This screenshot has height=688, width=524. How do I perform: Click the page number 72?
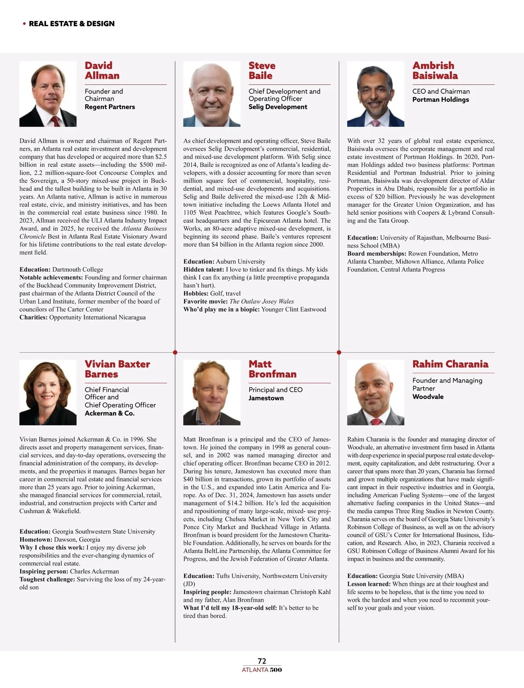pos(262,661)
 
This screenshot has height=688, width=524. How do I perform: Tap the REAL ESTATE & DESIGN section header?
pos(72,24)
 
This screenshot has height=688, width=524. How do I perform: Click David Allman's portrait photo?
pos(48,94)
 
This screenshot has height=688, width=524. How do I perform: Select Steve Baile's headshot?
pos(212,94)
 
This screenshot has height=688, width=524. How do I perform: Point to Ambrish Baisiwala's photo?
pos(376,94)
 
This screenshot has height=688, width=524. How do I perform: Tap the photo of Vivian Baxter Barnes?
pos(48,392)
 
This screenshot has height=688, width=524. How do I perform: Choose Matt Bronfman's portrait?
pos(212,392)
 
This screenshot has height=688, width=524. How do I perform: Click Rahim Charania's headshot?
pos(376,392)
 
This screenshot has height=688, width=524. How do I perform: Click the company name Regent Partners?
pos(110,107)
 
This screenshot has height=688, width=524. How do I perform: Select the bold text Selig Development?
pos(278,107)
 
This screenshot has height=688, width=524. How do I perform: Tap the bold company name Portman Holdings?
pos(441,100)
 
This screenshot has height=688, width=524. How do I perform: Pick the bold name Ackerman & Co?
pos(110,413)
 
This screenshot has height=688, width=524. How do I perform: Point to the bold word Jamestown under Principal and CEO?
pos(266,398)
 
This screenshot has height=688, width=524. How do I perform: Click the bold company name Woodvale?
pos(428,396)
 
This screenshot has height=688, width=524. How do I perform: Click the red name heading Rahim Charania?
pos(450,364)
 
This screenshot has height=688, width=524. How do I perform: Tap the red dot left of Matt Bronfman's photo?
pos(175,352)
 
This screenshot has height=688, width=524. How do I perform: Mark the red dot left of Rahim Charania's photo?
pos(339,352)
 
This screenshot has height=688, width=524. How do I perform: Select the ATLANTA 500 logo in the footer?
pos(262,670)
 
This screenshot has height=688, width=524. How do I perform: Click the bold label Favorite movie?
pos(205,301)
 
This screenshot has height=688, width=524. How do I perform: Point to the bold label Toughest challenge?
pos(47,579)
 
